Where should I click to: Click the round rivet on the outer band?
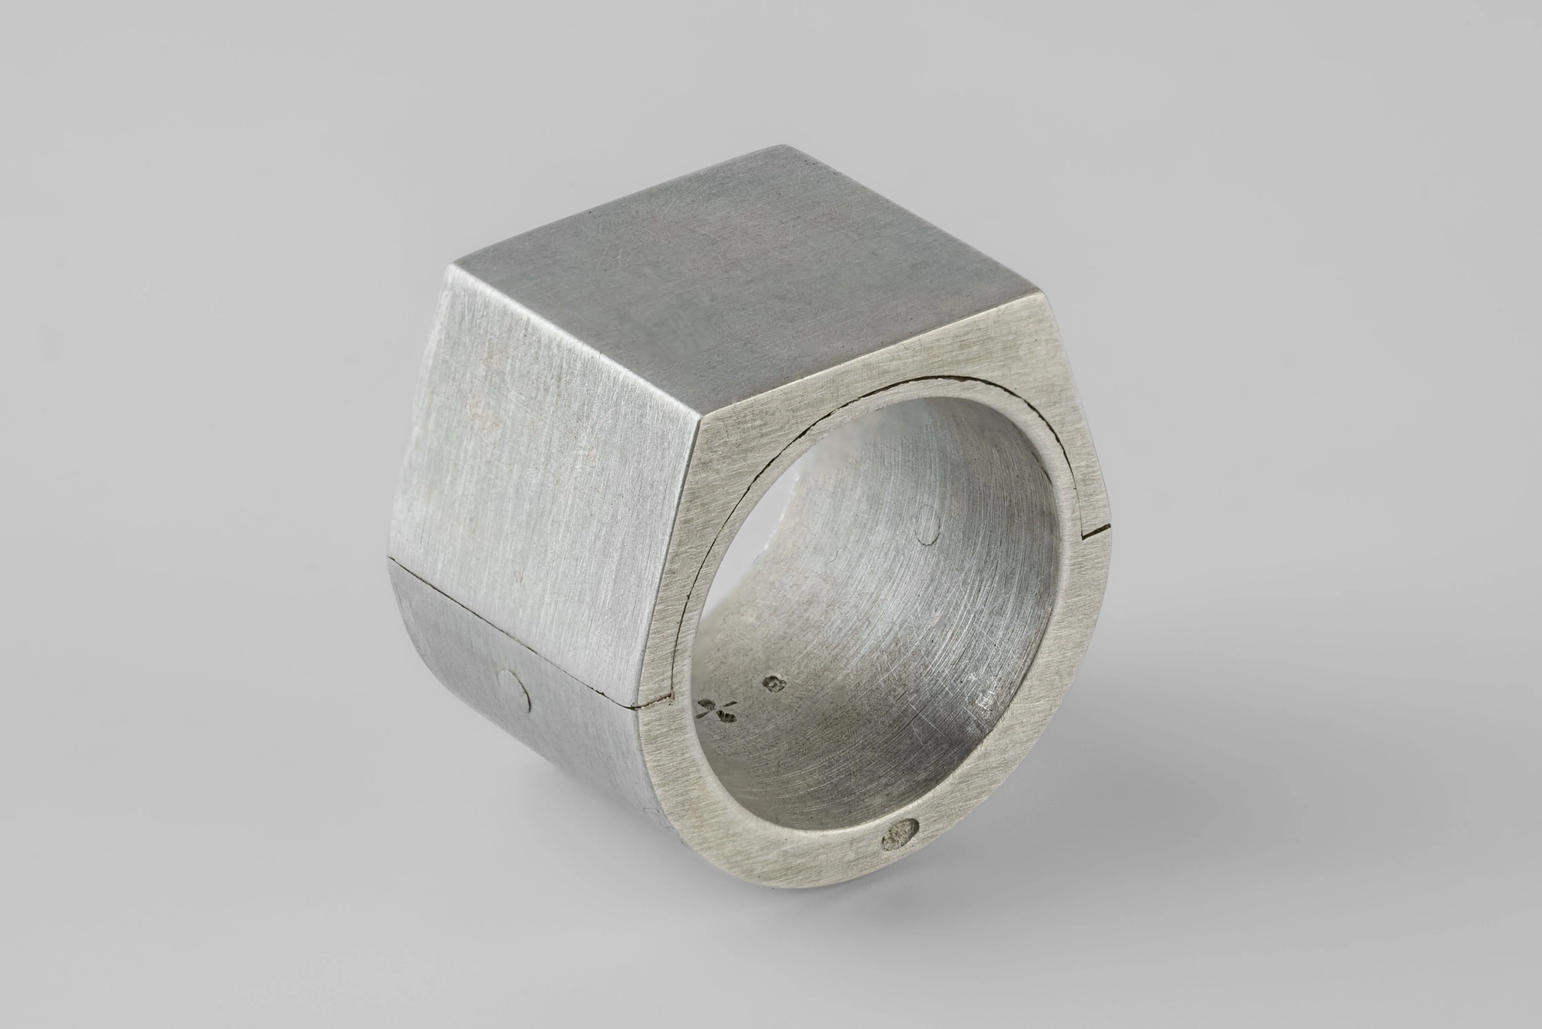514,691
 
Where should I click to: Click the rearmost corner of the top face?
781,146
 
